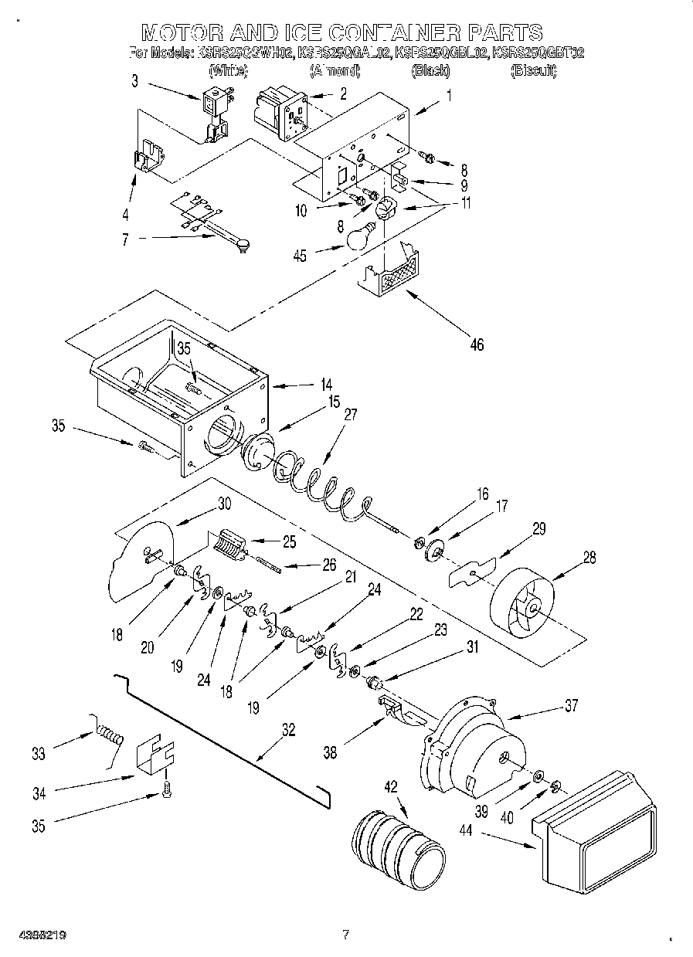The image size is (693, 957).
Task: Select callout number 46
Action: coord(477,344)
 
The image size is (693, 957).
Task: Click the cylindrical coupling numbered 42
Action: coord(399,847)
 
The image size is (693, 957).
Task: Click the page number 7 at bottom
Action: coord(345,935)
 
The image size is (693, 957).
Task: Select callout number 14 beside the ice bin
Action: coord(327,384)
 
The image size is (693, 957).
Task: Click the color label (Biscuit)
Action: coord(532,71)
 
